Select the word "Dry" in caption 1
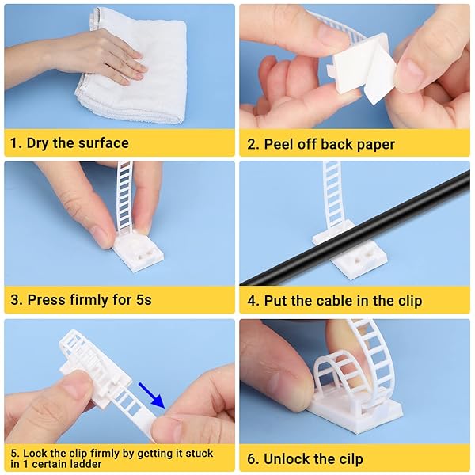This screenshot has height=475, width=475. click(40, 143)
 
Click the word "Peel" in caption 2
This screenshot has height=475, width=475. click(280, 143)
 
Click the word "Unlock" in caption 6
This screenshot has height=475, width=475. click(291, 459)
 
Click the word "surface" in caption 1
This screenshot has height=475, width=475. click(101, 143)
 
